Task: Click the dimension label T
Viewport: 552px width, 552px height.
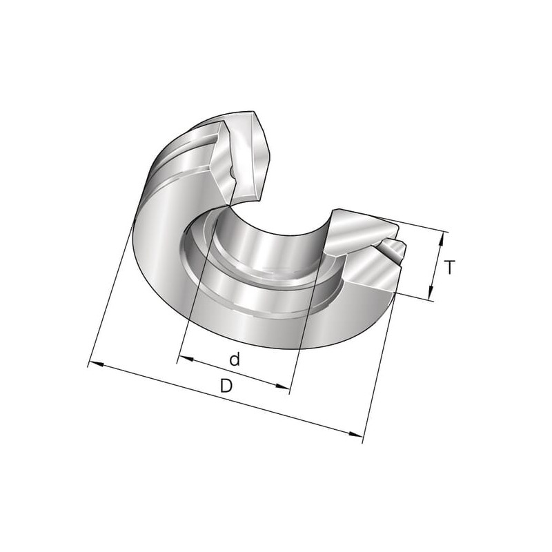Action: pyautogui.click(x=449, y=267)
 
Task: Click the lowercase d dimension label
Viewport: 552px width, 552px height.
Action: pyautogui.click(x=235, y=359)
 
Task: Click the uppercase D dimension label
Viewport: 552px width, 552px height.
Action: pyautogui.click(x=226, y=386)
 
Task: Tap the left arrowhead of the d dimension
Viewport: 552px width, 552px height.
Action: pyautogui.click(x=186, y=358)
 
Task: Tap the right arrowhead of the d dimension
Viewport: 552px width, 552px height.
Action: pyautogui.click(x=282, y=386)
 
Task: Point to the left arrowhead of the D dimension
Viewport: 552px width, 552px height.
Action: pyautogui.click(x=97, y=364)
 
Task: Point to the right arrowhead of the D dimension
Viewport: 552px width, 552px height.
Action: pyautogui.click(x=355, y=433)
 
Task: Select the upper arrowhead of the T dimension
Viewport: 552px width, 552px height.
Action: pyautogui.click(x=440, y=239)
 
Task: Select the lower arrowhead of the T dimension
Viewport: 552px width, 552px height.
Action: pyautogui.click(x=431, y=292)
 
